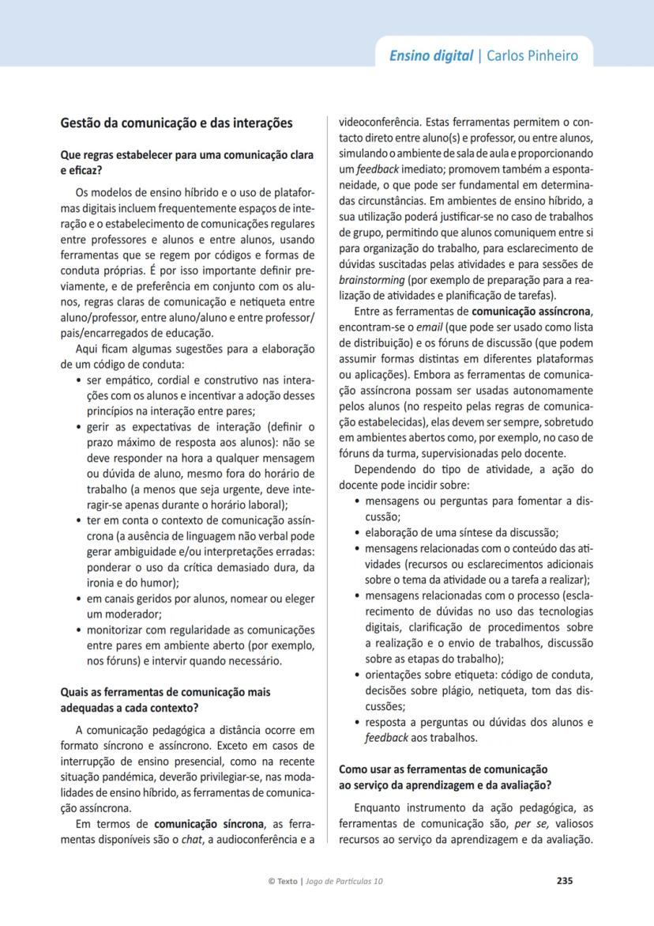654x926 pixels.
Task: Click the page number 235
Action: coord(564,880)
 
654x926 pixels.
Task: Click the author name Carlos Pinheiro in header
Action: coord(532,55)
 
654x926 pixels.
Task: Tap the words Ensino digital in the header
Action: coord(430,55)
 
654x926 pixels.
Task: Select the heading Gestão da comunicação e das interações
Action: coord(177,123)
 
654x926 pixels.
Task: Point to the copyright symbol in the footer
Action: coord(272,881)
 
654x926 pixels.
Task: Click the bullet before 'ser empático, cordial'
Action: coord(77,381)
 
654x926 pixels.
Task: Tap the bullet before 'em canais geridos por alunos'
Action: coord(77,599)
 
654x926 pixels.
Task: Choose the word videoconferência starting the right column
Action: coord(378,123)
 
